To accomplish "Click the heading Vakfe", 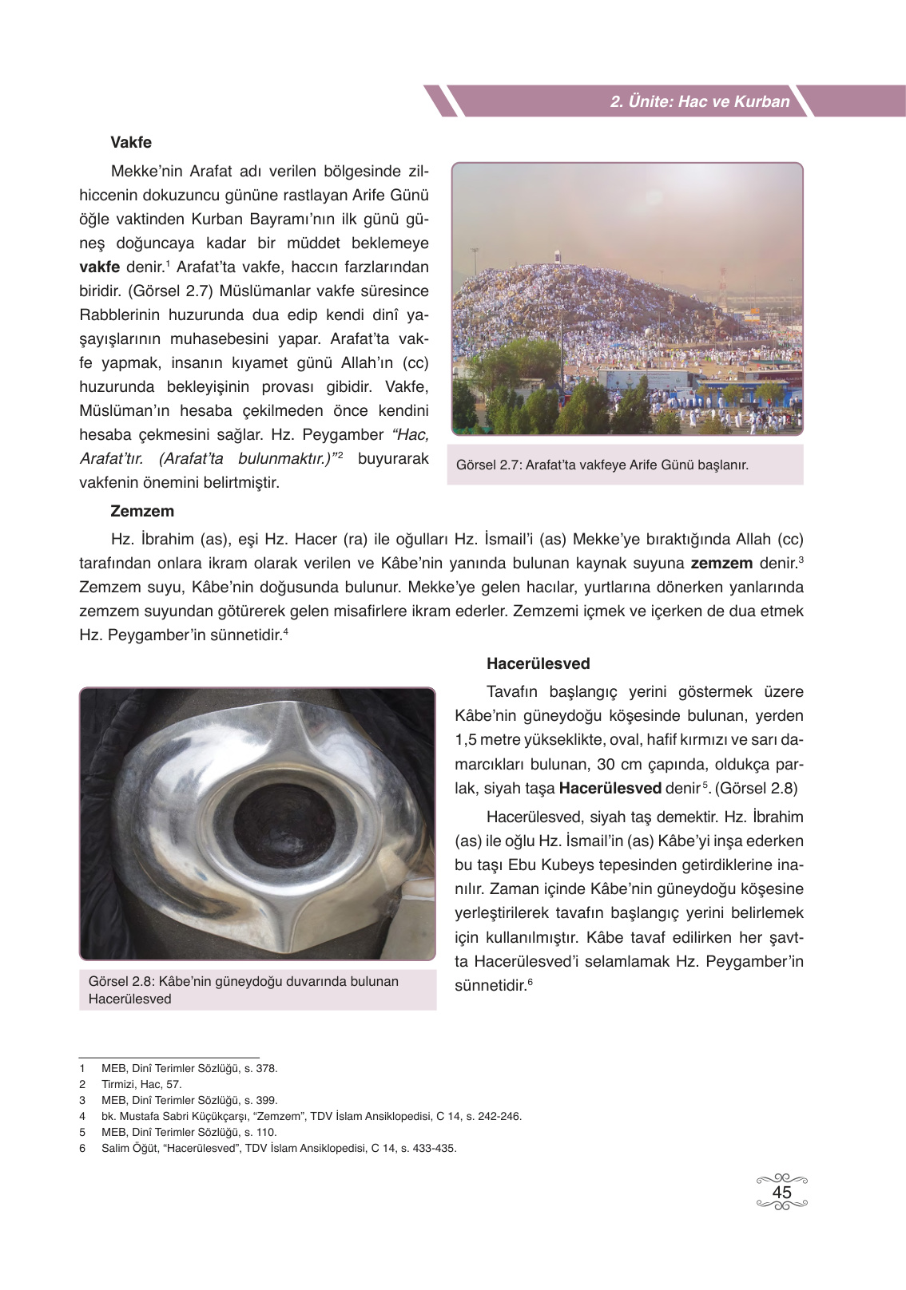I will pyautogui.click(x=130, y=143).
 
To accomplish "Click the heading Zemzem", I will pyautogui.click(x=141, y=511).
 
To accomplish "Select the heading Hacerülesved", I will pyautogui.click(x=538, y=663).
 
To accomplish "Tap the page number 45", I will pyautogui.click(x=781, y=1192).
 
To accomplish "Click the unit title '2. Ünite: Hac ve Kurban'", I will pyautogui.click(x=699, y=101).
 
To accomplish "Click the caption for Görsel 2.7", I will pyautogui.click(x=602, y=465).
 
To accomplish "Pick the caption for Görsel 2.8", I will pyautogui.click(x=243, y=990).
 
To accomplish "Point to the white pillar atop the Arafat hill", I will pyautogui.click(x=557, y=255).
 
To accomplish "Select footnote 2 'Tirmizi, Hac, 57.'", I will pyautogui.click(x=141, y=1084).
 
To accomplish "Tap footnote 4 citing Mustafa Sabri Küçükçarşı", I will pyautogui.click(x=311, y=1116).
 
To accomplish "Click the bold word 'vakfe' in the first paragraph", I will pyautogui.click(x=99, y=267).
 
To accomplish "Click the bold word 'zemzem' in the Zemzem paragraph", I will pyautogui.click(x=721, y=563).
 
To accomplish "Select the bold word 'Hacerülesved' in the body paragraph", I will pyautogui.click(x=610, y=788).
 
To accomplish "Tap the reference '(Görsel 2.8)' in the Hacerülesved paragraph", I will pyautogui.click(x=756, y=788).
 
